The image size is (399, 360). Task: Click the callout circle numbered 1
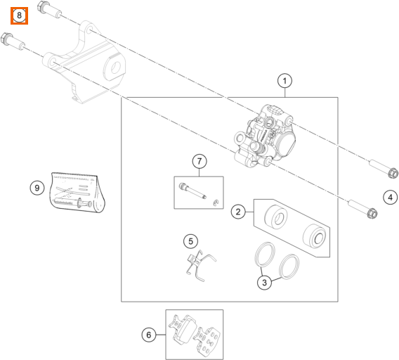click(x=284, y=81)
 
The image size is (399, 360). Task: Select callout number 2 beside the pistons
click(x=238, y=212)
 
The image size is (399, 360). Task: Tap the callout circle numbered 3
click(x=264, y=282)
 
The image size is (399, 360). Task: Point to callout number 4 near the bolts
click(x=391, y=197)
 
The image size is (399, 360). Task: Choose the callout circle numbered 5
click(x=191, y=241)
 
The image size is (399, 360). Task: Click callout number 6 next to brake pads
click(x=149, y=335)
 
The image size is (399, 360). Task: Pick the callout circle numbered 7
click(x=199, y=161)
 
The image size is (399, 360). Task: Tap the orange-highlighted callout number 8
click(x=19, y=15)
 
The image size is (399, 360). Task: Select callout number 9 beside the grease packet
click(x=37, y=188)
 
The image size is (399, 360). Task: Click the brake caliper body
click(x=265, y=136)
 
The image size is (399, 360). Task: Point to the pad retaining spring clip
click(x=200, y=266)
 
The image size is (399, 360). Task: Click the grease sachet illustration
click(x=77, y=193)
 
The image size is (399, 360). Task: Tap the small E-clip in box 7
click(x=216, y=202)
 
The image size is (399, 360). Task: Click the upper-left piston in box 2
click(x=276, y=217)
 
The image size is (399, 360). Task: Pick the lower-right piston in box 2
click(x=315, y=236)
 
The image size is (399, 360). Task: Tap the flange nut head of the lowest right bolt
click(x=372, y=213)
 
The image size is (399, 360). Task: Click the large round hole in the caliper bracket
click(x=116, y=67)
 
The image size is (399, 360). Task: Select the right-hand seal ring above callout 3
click(x=289, y=266)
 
